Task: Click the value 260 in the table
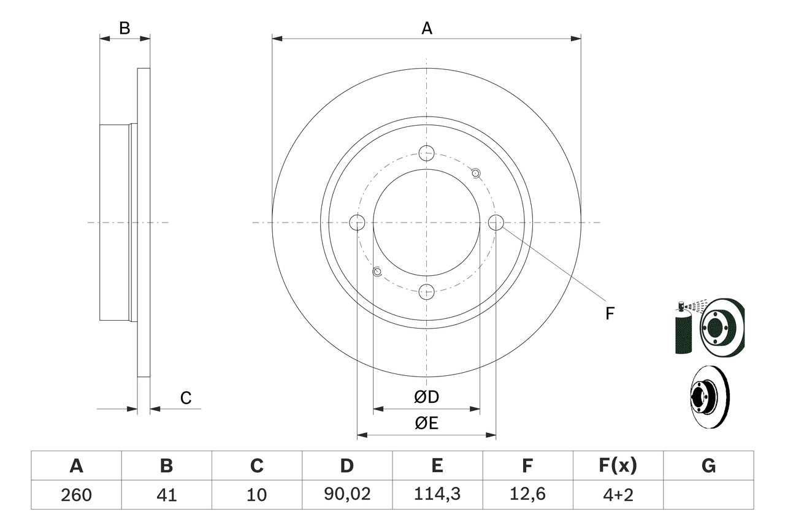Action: pyautogui.click(x=76, y=495)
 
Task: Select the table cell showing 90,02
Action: pyautogui.click(x=347, y=495)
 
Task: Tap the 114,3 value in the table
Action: pyautogui.click(x=437, y=495)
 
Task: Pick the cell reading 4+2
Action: pyautogui.click(x=618, y=495)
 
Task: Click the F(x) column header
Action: pyautogui.click(x=618, y=466)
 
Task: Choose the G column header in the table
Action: pyautogui.click(x=708, y=466)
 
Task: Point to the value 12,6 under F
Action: pyautogui.click(x=527, y=495)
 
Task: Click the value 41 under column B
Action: pyautogui.click(x=166, y=495)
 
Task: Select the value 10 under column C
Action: pyautogui.click(x=256, y=495)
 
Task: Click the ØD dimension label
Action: pyautogui.click(x=426, y=397)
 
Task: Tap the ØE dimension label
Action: pyautogui.click(x=426, y=424)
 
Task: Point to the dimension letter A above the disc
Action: pyautogui.click(x=426, y=28)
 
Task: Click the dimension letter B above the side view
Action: pyautogui.click(x=124, y=28)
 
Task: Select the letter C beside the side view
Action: pyautogui.click(x=186, y=398)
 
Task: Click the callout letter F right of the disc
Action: pyautogui.click(x=610, y=314)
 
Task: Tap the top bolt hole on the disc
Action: pyautogui.click(x=426, y=153)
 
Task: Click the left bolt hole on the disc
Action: pyautogui.click(x=357, y=223)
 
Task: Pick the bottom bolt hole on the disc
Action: pyautogui.click(x=426, y=292)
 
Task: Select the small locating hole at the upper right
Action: pyautogui.click(x=476, y=173)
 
